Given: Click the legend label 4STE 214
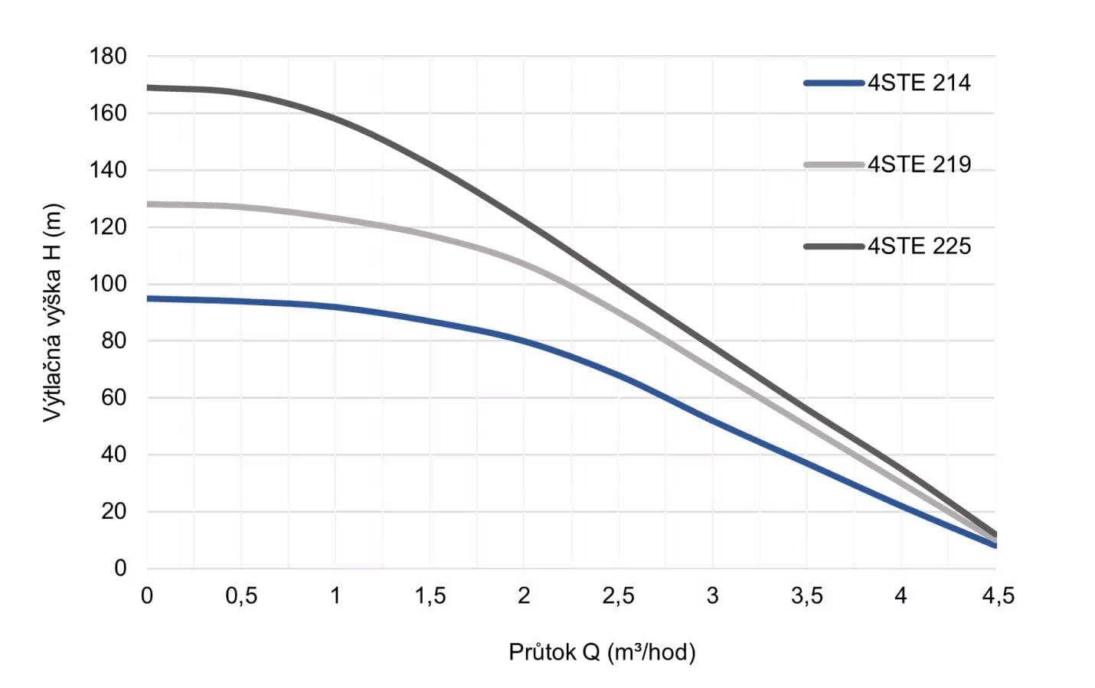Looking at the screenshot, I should (919, 83).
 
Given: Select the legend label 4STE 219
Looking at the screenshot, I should (919, 165).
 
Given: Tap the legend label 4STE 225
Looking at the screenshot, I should (919, 246).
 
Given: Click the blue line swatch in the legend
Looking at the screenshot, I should (834, 83).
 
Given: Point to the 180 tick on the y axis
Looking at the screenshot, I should (108, 57).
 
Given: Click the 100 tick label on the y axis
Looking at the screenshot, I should (108, 284).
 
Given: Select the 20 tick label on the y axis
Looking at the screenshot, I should (113, 511).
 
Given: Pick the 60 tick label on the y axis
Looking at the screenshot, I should (113, 398).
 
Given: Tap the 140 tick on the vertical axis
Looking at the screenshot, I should (108, 170).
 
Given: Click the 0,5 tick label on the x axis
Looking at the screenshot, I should (241, 595).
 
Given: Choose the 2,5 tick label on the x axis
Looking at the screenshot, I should (618, 595).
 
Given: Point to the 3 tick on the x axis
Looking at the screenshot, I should (712, 595).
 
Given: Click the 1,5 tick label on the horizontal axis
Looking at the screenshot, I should (430, 595).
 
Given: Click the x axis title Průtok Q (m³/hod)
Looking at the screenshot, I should (602, 652).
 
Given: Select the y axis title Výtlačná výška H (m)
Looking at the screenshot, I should (51, 312).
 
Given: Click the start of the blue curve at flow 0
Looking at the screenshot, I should (148, 298).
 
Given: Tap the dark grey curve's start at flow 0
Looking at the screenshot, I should (148, 87).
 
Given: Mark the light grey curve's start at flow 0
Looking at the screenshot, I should (148, 204).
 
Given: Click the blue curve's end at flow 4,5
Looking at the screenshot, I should (995, 545).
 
